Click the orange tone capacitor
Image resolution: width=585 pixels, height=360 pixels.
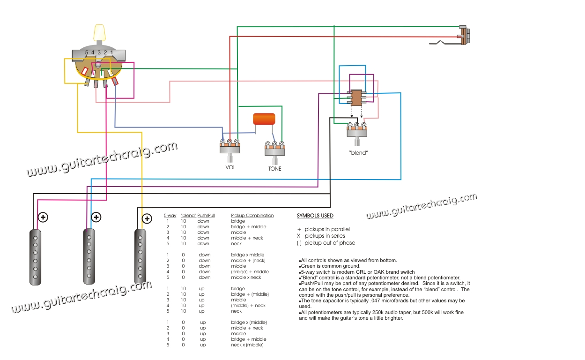click(x=264, y=119)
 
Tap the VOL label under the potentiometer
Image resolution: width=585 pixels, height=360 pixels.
click(x=230, y=166)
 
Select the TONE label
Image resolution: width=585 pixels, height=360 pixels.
click(x=275, y=168)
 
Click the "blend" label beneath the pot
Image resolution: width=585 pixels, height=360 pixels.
click(x=358, y=153)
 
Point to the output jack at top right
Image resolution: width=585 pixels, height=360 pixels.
click(x=464, y=36)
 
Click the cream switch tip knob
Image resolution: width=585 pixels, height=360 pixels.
click(x=99, y=33)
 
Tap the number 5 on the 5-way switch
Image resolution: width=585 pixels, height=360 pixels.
click(x=86, y=52)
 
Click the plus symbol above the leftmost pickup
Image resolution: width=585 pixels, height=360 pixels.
click(x=43, y=217)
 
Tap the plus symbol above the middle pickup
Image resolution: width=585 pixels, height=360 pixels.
click(x=96, y=217)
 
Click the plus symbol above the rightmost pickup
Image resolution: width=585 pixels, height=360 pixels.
click(x=147, y=218)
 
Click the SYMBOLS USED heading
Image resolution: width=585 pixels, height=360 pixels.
click(x=315, y=216)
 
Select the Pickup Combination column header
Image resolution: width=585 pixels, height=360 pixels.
click(x=252, y=216)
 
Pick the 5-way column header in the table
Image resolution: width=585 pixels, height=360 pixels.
click(x=170, y=216)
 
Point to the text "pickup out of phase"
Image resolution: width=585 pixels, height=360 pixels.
click(x=329, y=243)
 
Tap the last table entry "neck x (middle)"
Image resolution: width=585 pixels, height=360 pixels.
click(x=247, y=345)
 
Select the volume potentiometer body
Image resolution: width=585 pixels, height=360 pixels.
click(x=230, y=150)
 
